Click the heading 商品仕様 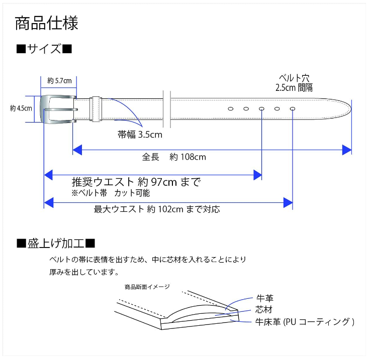click(x=46, y=23)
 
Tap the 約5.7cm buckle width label click(x=59, y=80)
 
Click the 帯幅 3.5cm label click(x=140, y=135)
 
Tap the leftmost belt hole click(x=231, y=109)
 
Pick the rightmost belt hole click(x=292, y=109)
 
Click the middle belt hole click(x=261, y=109)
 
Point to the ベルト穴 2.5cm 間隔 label click(x=294, y=82)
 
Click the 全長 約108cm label click(x=174, y=157)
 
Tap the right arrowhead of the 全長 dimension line click(x=346, y=150)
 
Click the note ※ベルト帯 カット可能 click(x=111, y=193)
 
